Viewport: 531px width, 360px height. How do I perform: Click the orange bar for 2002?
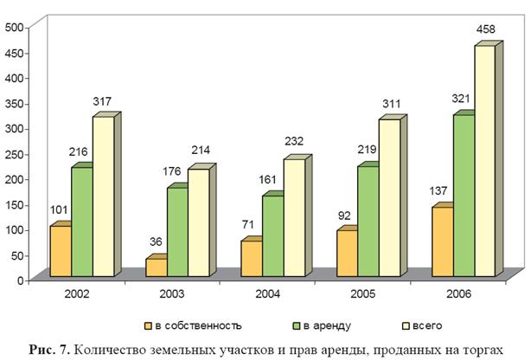(61, 251)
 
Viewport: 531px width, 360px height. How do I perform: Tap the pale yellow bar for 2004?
(294, 217)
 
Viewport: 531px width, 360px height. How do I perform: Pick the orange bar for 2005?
(348, 254)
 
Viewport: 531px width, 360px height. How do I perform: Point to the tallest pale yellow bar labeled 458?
(485, 161)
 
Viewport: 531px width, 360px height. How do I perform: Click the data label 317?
(102, 101)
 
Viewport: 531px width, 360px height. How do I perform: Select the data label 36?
(156, 241)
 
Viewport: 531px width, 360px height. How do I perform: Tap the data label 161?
(267, 179)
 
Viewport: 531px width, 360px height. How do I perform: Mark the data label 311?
(392, 104)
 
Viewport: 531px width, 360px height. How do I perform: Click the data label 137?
(438, 191)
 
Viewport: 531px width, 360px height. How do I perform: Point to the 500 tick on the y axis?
(14, 28)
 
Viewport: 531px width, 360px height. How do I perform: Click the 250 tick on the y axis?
(14, 154)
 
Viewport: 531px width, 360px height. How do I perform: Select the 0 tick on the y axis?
(20, 280)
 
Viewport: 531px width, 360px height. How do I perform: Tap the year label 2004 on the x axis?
(267, 293)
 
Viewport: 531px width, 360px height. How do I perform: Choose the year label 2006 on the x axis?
(459, 293)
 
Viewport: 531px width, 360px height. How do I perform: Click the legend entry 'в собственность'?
(193, 326)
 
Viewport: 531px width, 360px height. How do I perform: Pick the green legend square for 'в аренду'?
(297, 326)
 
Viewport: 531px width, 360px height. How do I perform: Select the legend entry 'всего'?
(422, 326)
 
